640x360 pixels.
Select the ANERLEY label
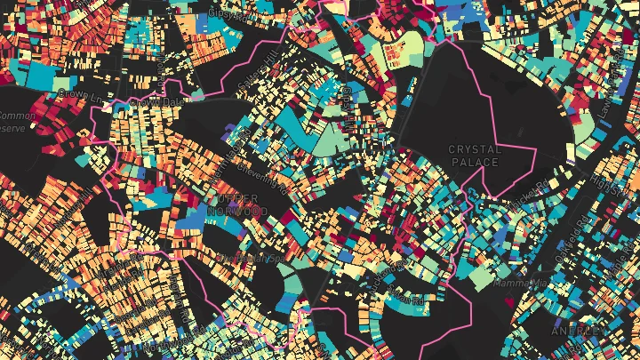point(578,330)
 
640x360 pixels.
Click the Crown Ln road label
point(76,92)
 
